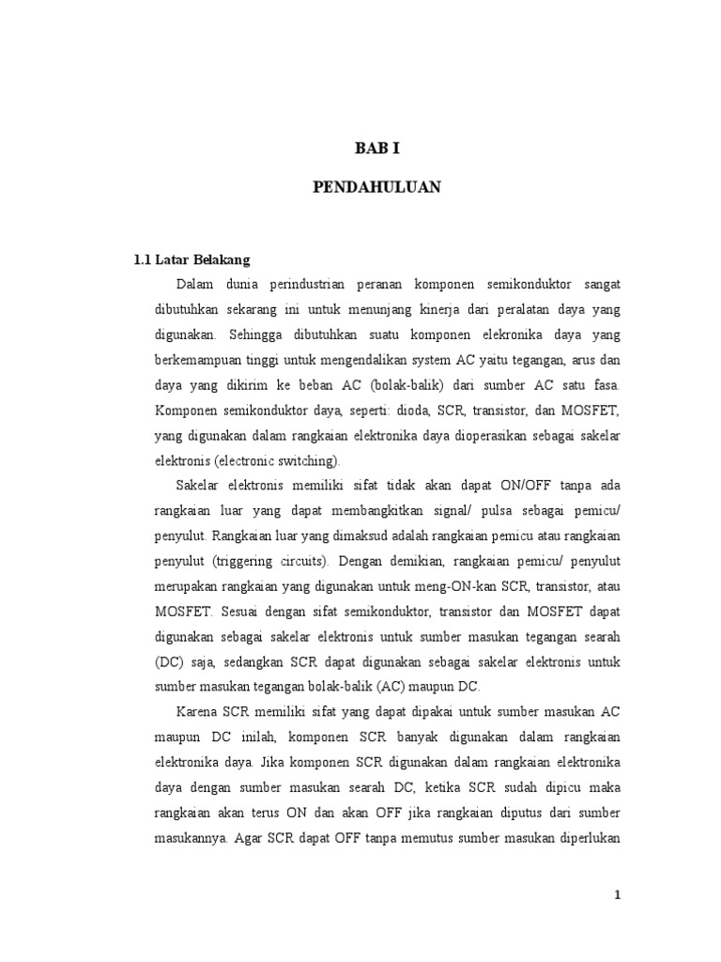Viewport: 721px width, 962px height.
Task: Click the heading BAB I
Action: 376,148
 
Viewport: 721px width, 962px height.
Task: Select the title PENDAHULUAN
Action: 376,188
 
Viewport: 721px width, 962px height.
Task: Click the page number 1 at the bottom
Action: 617,895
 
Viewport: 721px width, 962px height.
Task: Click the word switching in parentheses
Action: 308,462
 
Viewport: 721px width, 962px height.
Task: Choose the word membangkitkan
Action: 351,513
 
